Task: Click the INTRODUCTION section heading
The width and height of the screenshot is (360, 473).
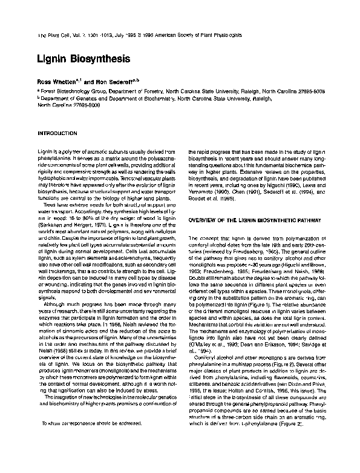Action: (x=58, y=132)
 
